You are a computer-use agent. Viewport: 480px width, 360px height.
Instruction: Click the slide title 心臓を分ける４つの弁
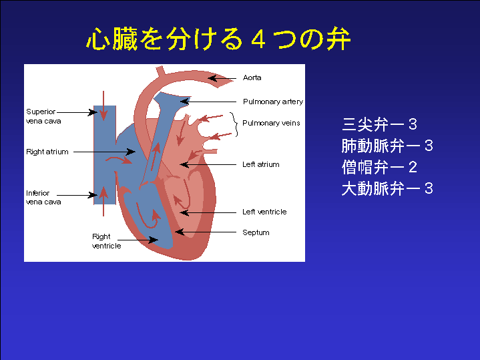219,40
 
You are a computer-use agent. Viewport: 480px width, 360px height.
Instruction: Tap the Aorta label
252,78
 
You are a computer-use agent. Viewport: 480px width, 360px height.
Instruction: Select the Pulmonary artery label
272,102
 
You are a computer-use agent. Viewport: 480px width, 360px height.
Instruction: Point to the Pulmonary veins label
271,123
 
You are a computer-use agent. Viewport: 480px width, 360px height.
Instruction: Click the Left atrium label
260,164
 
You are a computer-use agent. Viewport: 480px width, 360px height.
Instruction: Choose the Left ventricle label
264,212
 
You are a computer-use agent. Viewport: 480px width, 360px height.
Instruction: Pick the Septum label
256,232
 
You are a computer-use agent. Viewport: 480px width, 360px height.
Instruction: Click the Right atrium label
47,152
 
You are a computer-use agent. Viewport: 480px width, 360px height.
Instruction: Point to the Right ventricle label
106,241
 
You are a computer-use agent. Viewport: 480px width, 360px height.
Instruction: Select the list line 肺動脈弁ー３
387,146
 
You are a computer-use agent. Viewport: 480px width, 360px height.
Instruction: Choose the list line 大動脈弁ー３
387,188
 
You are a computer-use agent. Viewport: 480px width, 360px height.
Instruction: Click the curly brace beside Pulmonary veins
235,123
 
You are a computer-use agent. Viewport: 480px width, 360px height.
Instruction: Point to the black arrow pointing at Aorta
222,78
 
